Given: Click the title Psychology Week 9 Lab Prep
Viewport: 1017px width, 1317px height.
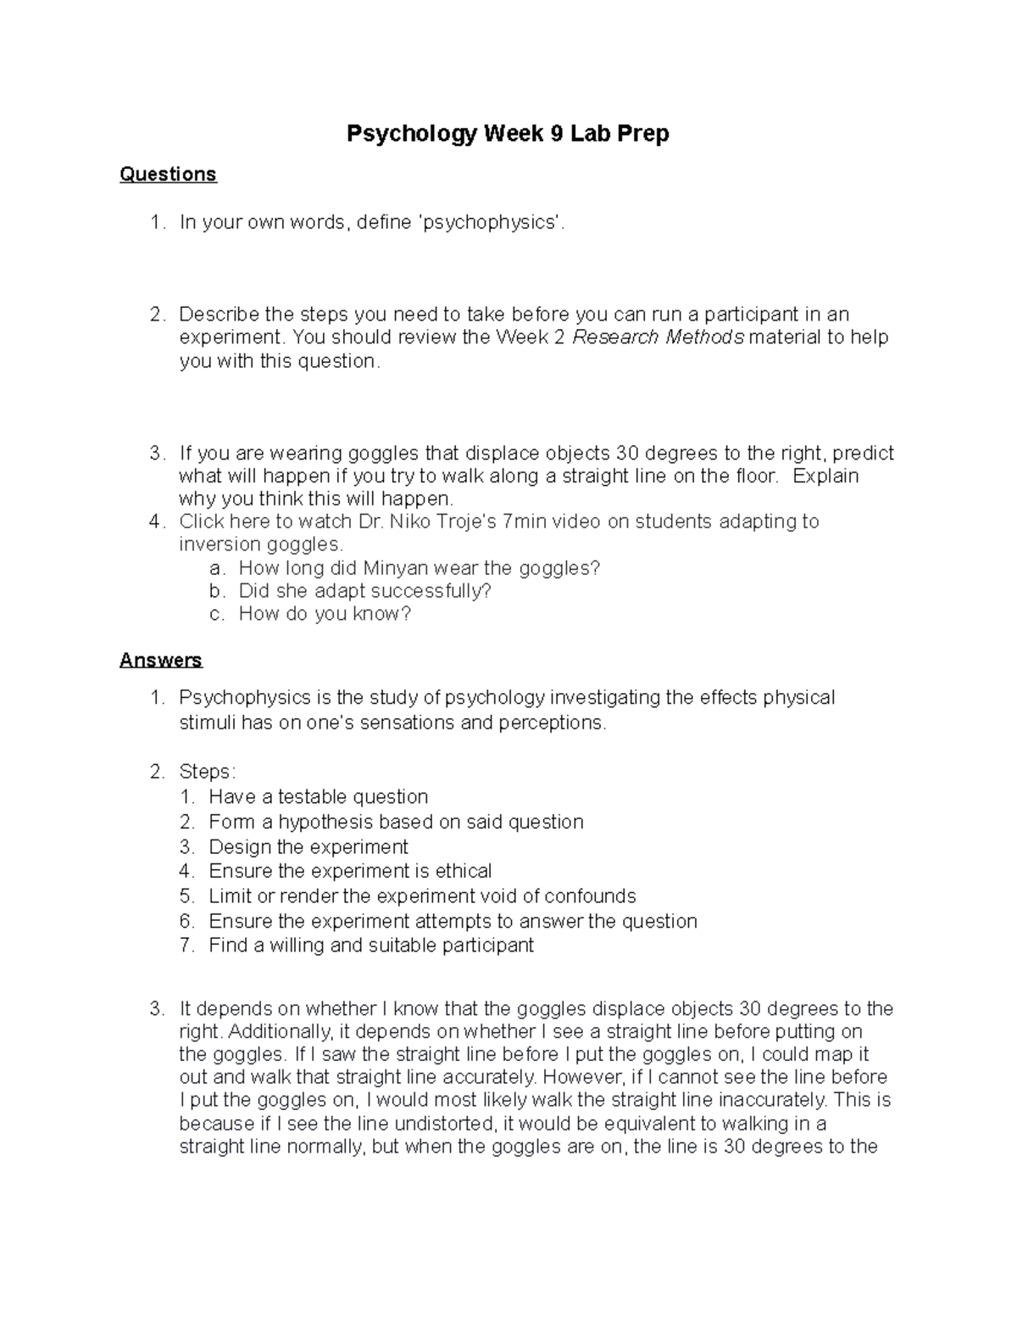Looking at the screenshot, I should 508,134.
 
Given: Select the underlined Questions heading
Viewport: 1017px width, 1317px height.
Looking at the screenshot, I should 168,175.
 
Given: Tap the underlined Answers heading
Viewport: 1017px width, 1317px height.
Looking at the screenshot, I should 161,660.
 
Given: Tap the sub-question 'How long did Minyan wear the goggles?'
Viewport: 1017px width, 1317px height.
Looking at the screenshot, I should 419,568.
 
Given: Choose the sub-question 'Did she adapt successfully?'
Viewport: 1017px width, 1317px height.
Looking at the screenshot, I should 364,591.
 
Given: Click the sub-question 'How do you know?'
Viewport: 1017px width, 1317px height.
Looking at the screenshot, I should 325,614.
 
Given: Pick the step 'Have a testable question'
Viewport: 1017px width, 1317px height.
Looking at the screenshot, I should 318,797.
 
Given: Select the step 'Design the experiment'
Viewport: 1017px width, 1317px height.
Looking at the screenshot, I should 308,847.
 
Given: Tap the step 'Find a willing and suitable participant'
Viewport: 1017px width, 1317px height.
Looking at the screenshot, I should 371,946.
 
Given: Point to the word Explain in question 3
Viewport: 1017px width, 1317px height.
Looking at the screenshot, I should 825,476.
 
